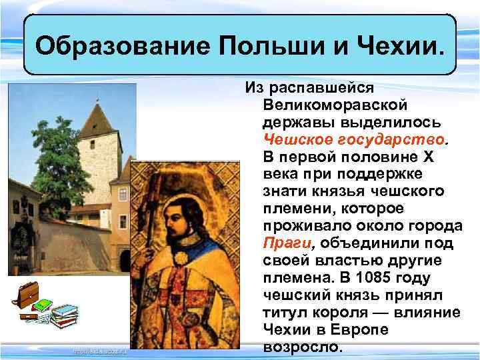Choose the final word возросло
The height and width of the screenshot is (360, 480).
coord(303,347)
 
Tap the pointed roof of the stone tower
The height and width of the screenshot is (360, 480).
coord(97,120)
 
